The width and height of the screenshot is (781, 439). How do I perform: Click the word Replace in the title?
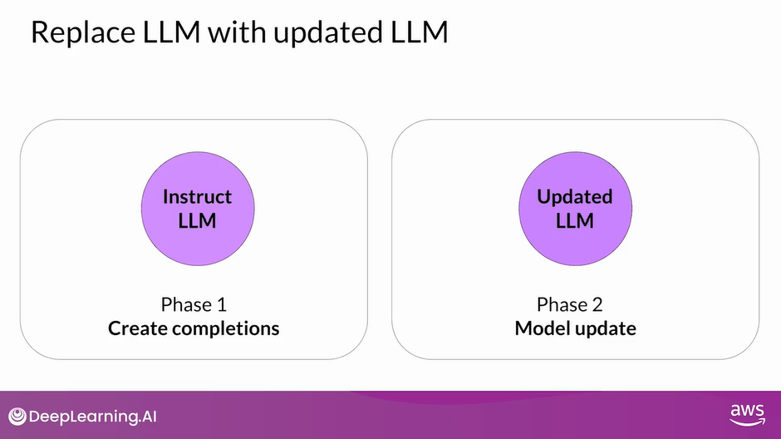[x=78, y=32]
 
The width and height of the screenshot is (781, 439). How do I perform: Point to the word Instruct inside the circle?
[x=197, y=197]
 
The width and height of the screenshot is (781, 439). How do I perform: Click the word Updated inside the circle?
[x=575, y=197]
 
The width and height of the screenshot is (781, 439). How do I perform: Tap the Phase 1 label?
[x=194, y=303]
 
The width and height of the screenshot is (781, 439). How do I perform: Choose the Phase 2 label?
[x=574, y=303]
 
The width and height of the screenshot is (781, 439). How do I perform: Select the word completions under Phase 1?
[x=226, y=328]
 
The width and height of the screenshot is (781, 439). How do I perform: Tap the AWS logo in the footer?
[x=747, y=415]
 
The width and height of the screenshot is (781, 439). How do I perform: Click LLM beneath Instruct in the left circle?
[x=197, y=220]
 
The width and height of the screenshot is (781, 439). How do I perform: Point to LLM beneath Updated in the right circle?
[x=575, y=220]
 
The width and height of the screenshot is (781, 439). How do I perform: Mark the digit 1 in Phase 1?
[x=220, y=303]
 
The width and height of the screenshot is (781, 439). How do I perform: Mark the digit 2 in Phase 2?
[x=603, y=303]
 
